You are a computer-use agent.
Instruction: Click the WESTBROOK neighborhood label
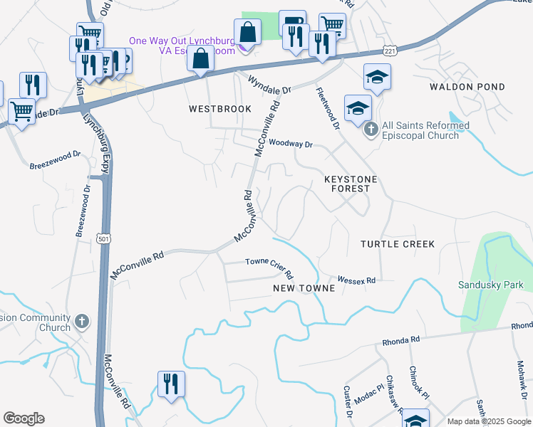[x=220, y=109]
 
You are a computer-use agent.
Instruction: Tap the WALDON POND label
[x=467, y=87]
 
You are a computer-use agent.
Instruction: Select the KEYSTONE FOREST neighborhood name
[x=351, y=184]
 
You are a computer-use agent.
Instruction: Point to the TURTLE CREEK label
[x=397, y=244]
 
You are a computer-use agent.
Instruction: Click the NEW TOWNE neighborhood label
[x=304, y=288]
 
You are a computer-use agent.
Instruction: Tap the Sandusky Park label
[x=490, y=285]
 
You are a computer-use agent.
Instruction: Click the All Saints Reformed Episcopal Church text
[x=426, y=131]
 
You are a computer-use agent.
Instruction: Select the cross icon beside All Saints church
[x=371, y=130]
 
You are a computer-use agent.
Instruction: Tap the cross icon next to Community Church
[x=82, y=322]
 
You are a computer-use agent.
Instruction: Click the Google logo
[x=24, y=418]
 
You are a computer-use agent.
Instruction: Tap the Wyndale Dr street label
[x=270, y=86]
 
